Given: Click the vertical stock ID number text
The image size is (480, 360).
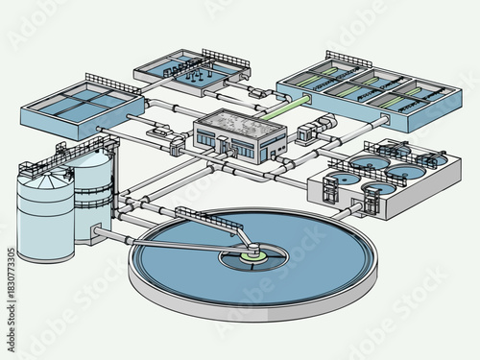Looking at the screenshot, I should tap(12, 278).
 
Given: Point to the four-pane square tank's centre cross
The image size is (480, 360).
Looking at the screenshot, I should tap(82, 100).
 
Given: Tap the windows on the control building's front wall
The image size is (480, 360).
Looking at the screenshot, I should tap(241, 150).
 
